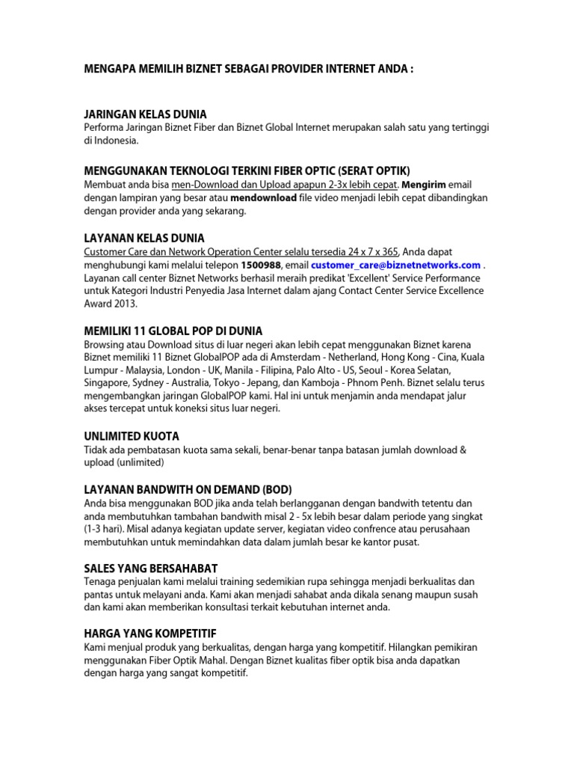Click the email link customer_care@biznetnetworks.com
coord(396,265)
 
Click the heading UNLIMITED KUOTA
coord(132,435)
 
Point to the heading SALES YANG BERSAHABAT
coord(151,569)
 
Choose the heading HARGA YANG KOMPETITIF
coord(150,632)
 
